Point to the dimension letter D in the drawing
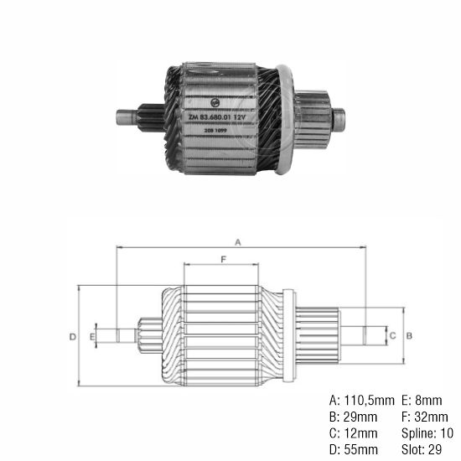(73, 336)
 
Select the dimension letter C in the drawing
(392, 335)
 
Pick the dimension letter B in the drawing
(409, 335)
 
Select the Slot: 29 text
(422, 450)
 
